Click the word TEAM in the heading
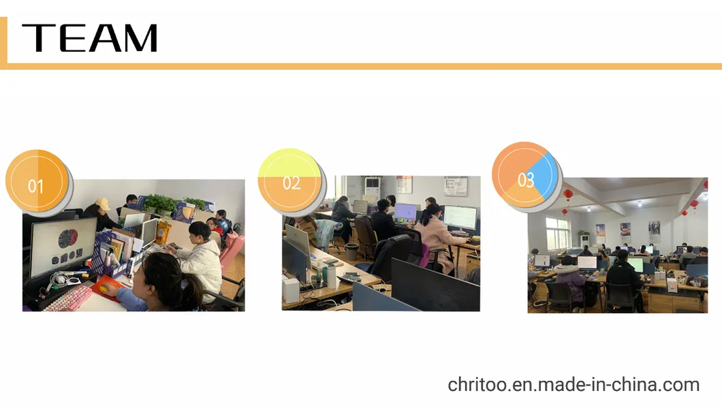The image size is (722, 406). (89, 37)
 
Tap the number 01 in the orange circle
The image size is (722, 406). (35, 187)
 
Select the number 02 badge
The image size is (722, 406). (292, 183)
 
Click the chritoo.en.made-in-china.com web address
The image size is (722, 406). (574, 384)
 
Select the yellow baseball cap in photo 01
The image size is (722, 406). (102, 204)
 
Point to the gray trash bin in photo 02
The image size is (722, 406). (351, 251)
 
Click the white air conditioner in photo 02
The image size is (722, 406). (373, 189)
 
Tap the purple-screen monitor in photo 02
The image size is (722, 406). (405, 212)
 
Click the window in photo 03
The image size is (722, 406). (558, 234)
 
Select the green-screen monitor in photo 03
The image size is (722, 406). (636, 265)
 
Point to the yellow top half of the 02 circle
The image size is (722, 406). (290, 163)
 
